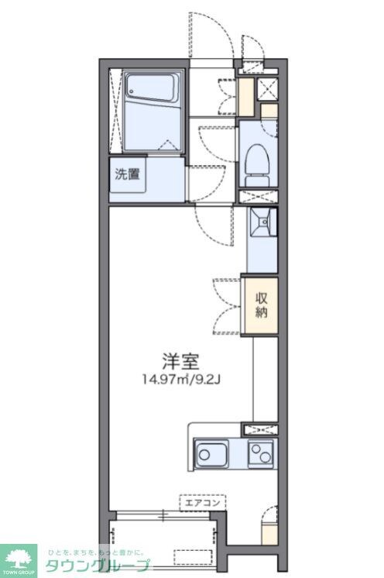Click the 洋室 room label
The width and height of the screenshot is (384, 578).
point(181,361)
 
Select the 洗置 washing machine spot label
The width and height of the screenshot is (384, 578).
point(128,174)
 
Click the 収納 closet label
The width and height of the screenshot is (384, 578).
point(262,305)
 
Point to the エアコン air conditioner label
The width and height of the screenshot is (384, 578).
point(203,502)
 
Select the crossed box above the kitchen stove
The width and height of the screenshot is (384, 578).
point(256,428)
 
